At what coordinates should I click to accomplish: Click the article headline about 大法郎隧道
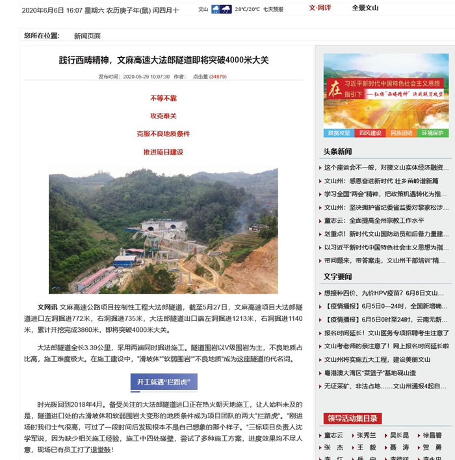(163, 60)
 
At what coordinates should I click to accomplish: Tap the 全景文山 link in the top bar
(365, 8)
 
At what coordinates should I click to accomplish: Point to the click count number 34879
(218, 77)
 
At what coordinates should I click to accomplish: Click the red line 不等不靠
(163, 98)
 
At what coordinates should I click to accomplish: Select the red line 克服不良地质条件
(163, 133)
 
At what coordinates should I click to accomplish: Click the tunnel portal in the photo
(155, 228)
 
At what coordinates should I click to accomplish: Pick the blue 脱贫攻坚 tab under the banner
(339, 133)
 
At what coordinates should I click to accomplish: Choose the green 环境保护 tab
(432, 133)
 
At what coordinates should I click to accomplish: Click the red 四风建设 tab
(370, 133)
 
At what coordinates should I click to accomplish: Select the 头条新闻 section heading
(337, 151)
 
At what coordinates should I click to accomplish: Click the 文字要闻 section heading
(337, 276)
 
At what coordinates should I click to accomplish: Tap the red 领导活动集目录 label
(353, 418)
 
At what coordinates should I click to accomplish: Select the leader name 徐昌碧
(432, 435)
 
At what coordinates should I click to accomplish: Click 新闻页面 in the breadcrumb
(87, 36)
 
